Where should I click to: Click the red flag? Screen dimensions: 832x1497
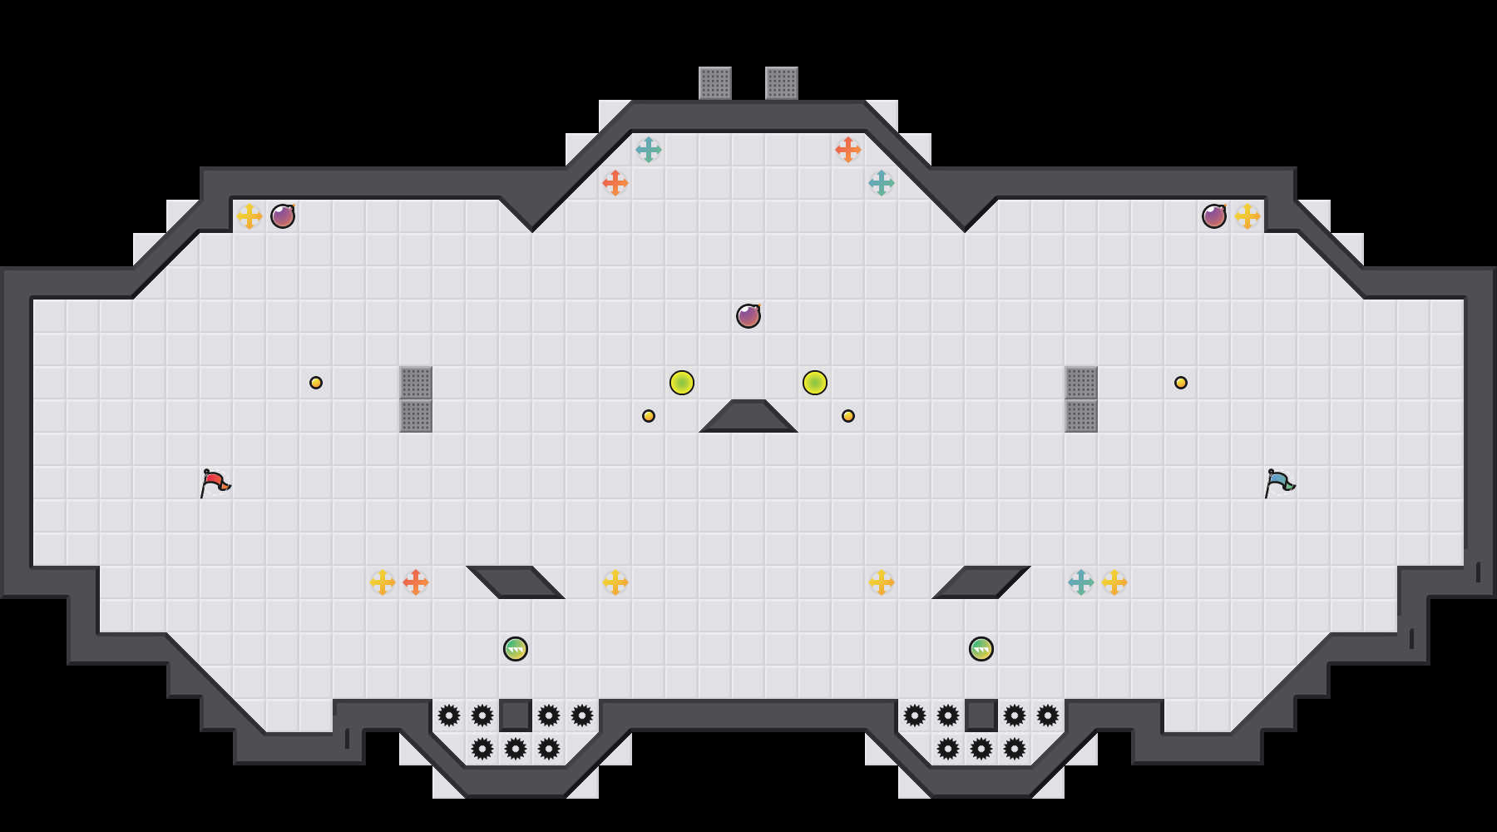215,482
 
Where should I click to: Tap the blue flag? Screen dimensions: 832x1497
1279,482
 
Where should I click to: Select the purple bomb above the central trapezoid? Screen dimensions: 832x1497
748,316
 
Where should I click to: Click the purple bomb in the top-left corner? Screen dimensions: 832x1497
283,216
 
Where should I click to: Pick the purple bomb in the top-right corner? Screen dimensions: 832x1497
1214,216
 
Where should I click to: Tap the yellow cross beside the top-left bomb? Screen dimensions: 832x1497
249,216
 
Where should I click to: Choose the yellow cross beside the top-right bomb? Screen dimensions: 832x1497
1247,216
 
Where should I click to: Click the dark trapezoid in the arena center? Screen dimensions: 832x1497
748,418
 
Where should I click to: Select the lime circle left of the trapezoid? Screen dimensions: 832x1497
682,383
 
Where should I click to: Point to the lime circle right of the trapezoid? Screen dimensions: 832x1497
815,383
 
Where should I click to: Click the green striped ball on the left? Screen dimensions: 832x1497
516,649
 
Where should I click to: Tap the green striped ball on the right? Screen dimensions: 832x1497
981,649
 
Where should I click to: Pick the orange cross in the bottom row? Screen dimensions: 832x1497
416,582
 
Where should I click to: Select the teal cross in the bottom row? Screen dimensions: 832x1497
1081,582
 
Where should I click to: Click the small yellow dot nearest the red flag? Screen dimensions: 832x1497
316,383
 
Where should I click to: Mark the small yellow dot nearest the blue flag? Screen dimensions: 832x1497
1181,383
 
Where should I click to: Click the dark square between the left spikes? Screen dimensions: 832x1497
516,716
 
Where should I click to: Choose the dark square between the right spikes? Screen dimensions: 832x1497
981,716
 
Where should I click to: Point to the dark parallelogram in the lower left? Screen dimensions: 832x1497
516,582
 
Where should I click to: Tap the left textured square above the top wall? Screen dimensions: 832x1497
715,83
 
